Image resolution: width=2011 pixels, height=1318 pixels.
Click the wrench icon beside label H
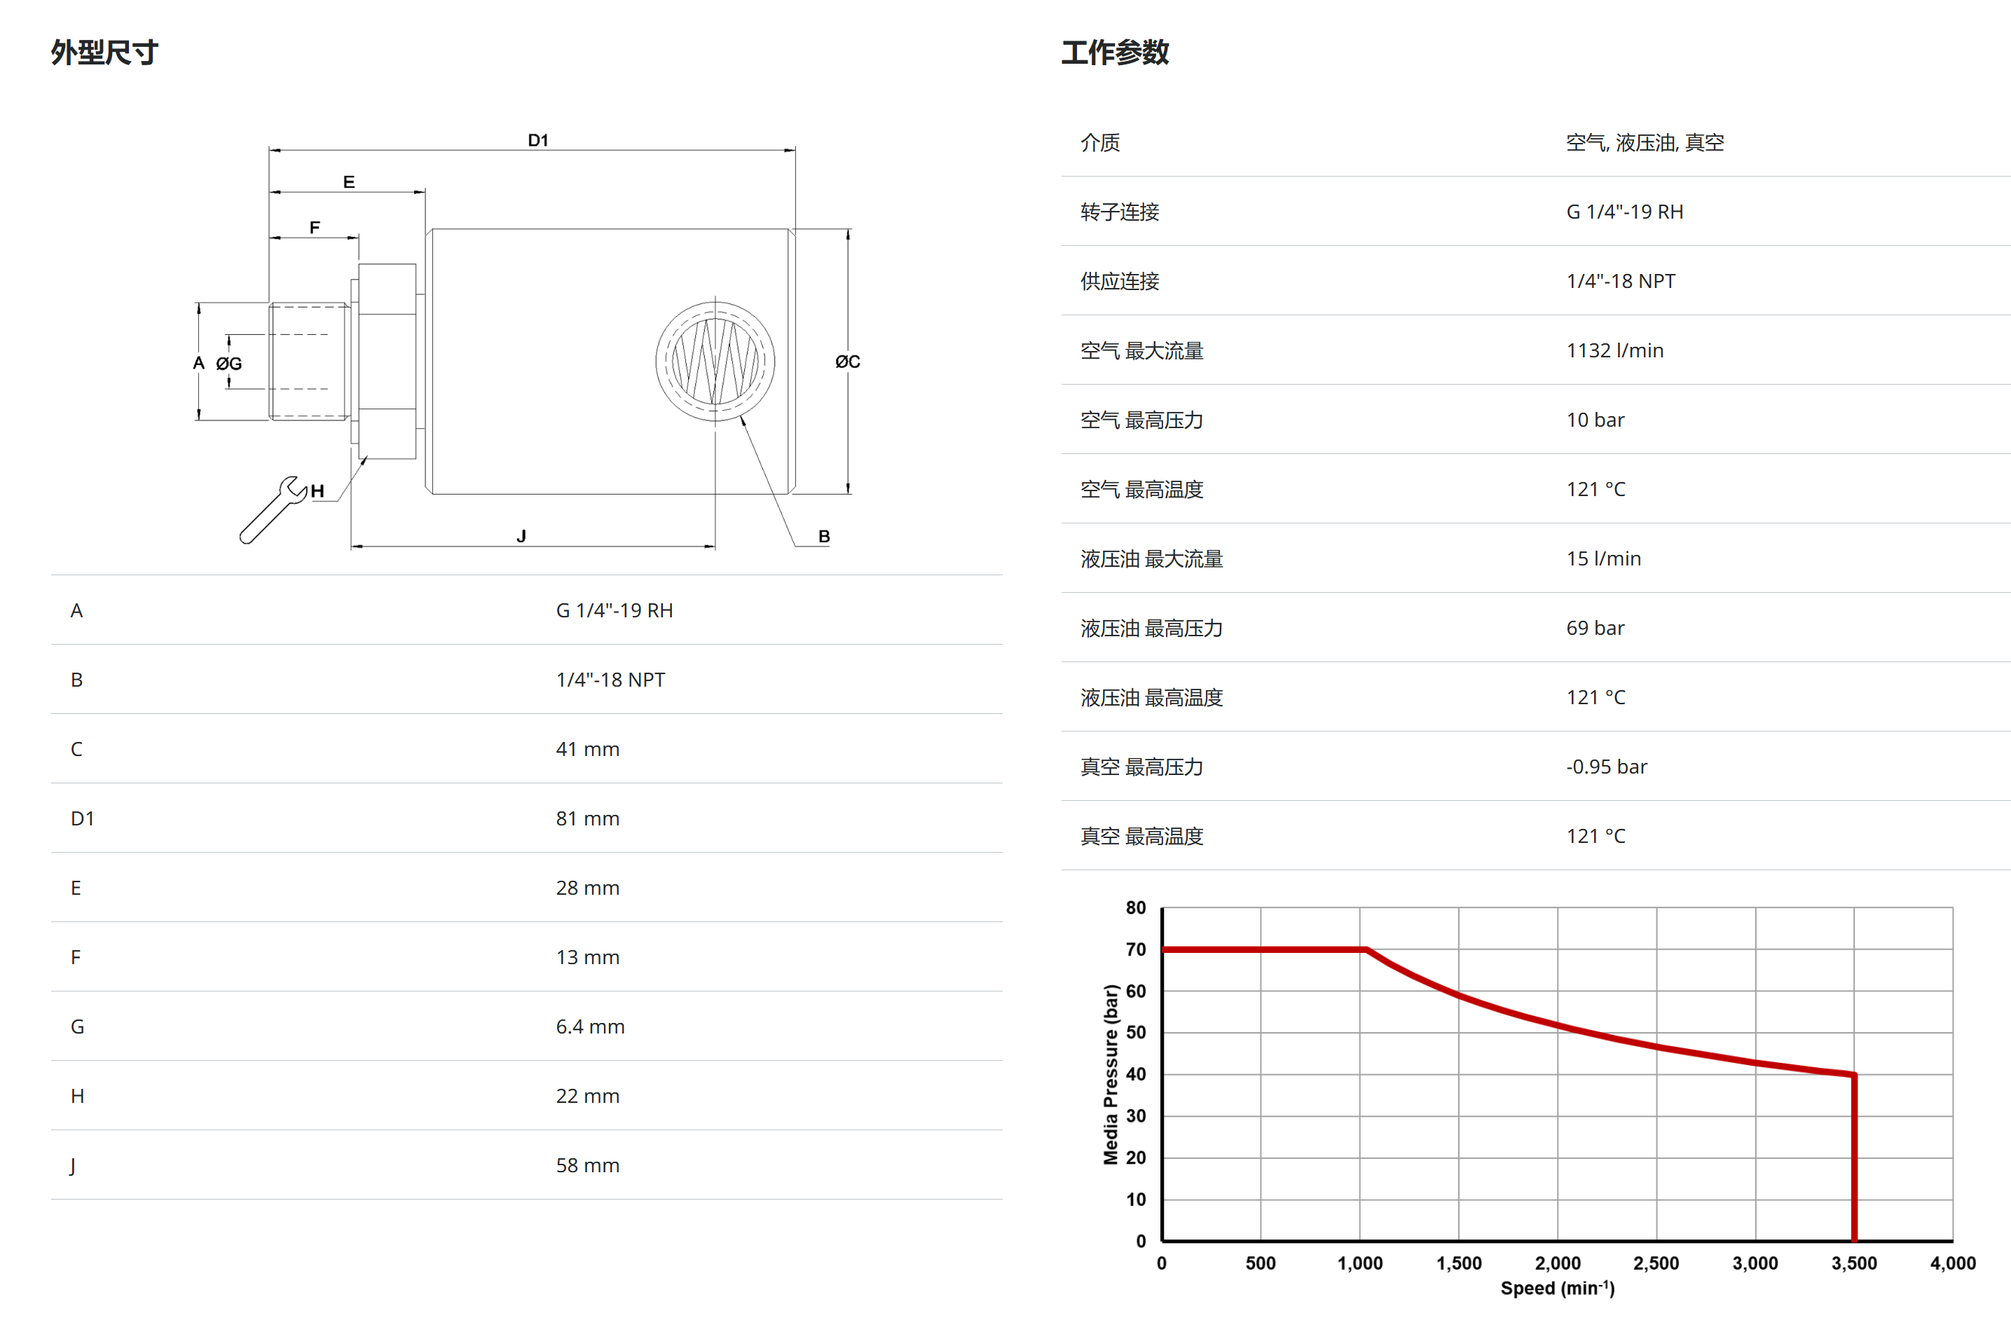(272, 510)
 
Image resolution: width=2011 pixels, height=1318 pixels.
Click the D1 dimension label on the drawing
(538, 140)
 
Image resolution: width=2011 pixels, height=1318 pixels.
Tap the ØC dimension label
(848, 362)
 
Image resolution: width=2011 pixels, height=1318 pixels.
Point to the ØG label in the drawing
(229, 363)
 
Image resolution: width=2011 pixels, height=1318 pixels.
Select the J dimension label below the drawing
(521, 535)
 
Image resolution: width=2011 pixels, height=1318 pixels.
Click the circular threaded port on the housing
(715, 362)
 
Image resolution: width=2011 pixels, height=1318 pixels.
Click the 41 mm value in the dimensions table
(587, 750)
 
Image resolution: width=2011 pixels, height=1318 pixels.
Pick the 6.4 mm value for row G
(590, 1027)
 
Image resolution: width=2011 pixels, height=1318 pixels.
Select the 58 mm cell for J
(587, 1165)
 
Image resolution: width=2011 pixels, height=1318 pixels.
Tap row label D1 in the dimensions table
(82, 818)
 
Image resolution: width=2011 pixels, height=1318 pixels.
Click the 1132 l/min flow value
(1614, 350)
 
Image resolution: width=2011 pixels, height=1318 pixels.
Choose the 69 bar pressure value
(1595, 628)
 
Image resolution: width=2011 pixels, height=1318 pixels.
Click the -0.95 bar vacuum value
(1605, 767)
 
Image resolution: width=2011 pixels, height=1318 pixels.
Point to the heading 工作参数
(1115, 53)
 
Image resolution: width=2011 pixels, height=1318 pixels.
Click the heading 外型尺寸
(104, 53)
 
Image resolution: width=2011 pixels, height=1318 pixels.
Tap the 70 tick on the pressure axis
(1136, 949)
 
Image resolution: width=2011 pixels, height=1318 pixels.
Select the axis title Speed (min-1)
(1556, 1288)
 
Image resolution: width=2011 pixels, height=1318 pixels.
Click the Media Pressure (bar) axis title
(1111, 1074)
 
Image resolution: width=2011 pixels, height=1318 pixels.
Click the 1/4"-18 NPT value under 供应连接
(1620, 282)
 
